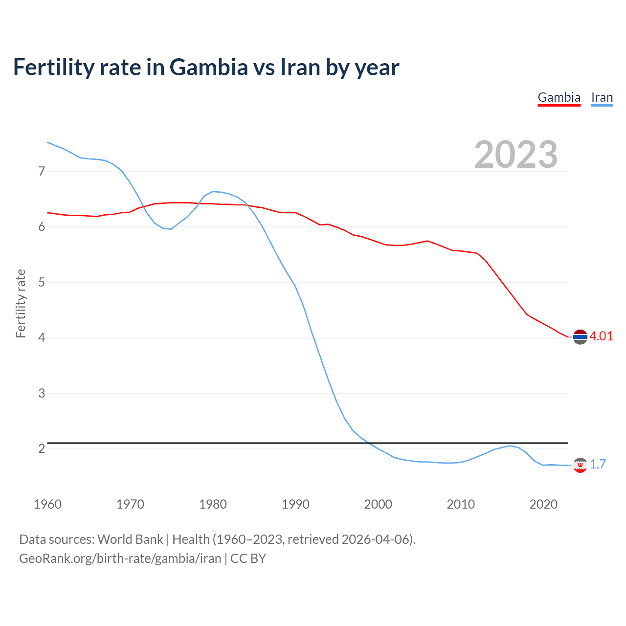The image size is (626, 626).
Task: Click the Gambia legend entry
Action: pyautogui.click(x=559, y=97)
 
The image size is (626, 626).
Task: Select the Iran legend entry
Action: pyautogui.click(x=602, y=97)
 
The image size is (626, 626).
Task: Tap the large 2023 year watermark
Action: pyautogui.click(x=515, y=155)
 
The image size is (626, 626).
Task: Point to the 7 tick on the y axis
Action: pyautogui.click(x=42, y=171)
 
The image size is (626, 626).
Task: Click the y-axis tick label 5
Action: pyautogui.click(x=42, y=282)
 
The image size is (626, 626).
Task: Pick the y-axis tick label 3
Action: pyautogui.click(x=42, y=393)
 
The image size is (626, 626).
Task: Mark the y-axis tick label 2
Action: pyautogui.click(x=42, y=448)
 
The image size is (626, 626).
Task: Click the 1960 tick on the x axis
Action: pyautogui.click(x=47, y=504)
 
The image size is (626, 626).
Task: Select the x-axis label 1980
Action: pyautogui.click(x=213, y=504)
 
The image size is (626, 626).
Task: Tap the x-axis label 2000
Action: pyautogui.click(x=378, y=504)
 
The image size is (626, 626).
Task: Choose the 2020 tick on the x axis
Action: pyautogui.click(x=543, y=504)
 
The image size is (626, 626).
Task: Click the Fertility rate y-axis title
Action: pyautogui.click(x=21, y=303)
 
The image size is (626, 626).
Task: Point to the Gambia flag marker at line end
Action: pyautogui.click(x=580, y=337)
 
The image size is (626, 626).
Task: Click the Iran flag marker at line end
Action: pyautogui.click(x=580, y=465)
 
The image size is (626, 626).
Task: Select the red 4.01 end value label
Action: pyautogui.click(x=601, y=336)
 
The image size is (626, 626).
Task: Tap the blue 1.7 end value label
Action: pyautogui.click(x=598, y=464)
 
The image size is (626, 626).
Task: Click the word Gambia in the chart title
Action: pyautogui.click(x=209, y=67)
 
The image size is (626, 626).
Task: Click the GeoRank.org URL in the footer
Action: pyautogui.click(x=120, y=559)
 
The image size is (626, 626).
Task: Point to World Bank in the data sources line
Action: pyautogui.click(x=130, y=539)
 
